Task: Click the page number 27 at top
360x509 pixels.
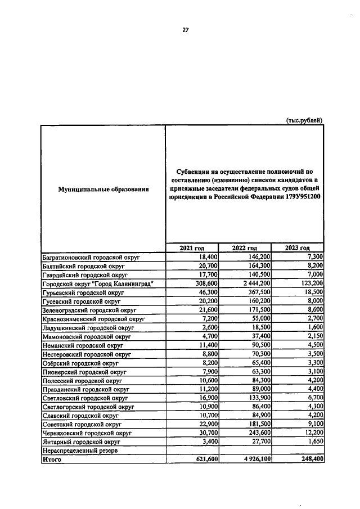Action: [x=185, y=30]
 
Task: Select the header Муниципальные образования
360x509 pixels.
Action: [x=103, y=190]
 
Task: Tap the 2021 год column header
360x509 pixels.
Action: [x=191, y=248]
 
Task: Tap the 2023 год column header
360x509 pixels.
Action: [x=297, y=248]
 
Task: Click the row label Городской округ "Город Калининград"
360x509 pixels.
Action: [x=98, y=284]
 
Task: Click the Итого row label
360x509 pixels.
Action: [x=52, y=460]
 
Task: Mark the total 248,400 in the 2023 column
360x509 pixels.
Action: [x=310, y=460]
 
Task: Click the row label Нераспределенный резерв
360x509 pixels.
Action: [x=80, y=451]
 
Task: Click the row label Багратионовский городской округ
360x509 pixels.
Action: [x=91, y=257]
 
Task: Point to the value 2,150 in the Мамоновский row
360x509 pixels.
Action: [x=313, y=337]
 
